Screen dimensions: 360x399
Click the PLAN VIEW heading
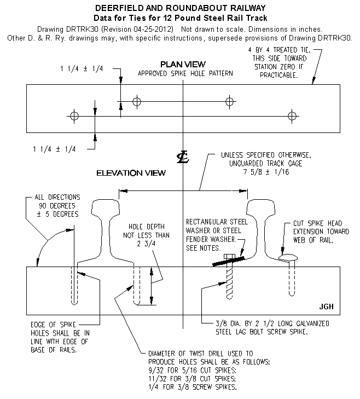coord(183,64)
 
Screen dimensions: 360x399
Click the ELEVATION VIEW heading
coord(131,173)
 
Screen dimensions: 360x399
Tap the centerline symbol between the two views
coord(183,157)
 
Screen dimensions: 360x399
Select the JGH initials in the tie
coord(326,307)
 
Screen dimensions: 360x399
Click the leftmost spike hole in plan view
coord(74,116)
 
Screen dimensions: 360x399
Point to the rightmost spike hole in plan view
coord(292,116)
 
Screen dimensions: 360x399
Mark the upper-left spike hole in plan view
coord(137,102)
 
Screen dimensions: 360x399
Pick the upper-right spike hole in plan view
coord(229,102)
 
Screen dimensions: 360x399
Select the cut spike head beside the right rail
coord(288,258)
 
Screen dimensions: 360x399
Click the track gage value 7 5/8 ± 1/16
coord(266,172)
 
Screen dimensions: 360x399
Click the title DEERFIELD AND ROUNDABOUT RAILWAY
coord(181,8)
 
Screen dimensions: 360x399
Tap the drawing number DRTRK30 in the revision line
coord(82,29)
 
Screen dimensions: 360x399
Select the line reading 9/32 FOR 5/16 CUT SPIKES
coord(193,370)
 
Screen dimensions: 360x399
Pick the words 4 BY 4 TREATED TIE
coord(280,50)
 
